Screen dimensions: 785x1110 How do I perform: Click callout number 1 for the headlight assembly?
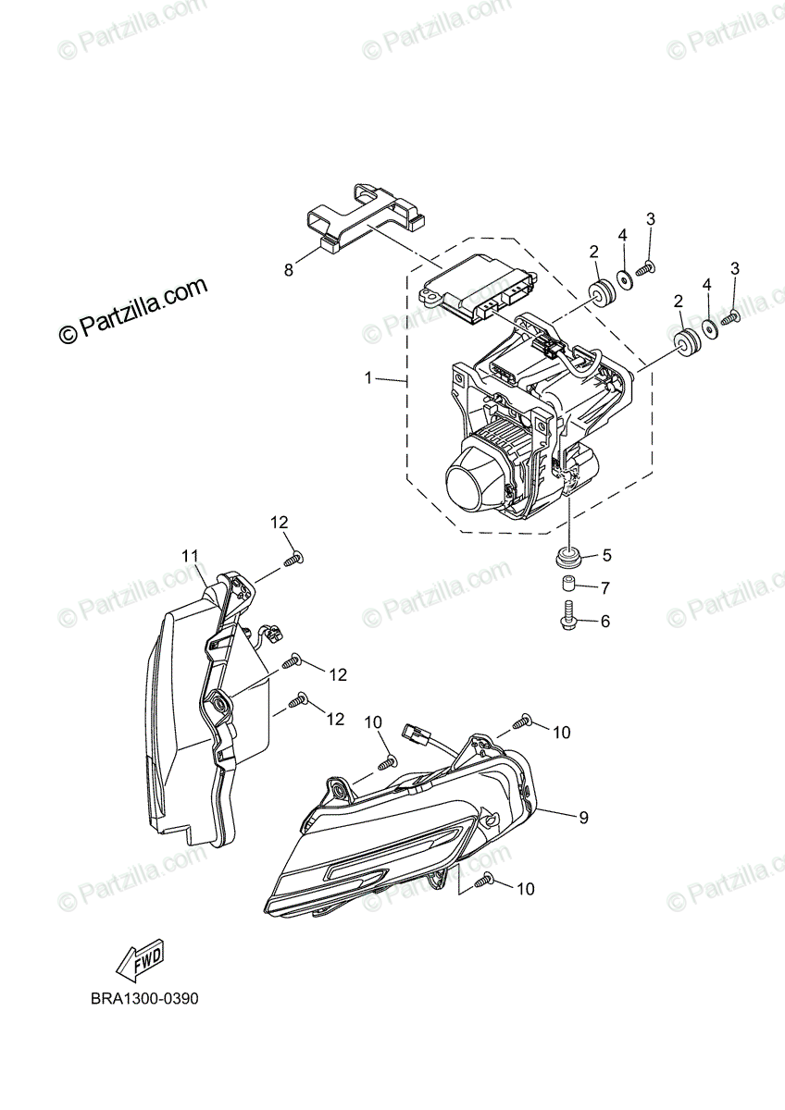pyautogui.click(x=368, y=377)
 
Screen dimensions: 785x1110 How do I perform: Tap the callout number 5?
pyautogui.click(x=607, y=556)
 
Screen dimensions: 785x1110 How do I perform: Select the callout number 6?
pyautogui.click(x=605, y=622)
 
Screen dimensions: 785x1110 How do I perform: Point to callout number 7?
pyautogui.click(x=605, y=587)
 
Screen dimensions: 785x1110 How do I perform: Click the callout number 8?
pyautogui.click(x=289, y=270)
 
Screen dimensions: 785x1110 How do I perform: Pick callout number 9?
pyautogui.click(x=583, y=817)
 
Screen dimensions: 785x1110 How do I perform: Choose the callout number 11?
pyautogui.click(x=190, y=556)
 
